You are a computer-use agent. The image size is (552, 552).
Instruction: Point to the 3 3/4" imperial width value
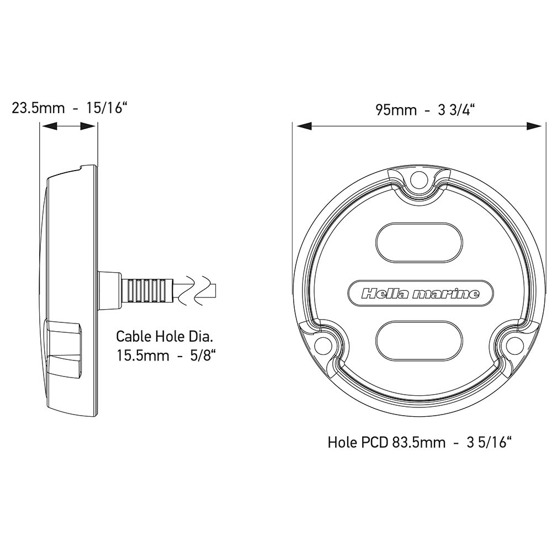tap(456, 110)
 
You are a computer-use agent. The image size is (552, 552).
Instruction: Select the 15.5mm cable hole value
tap(143, 355)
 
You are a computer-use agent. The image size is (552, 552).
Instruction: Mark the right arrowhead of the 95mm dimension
tap(534, 126)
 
